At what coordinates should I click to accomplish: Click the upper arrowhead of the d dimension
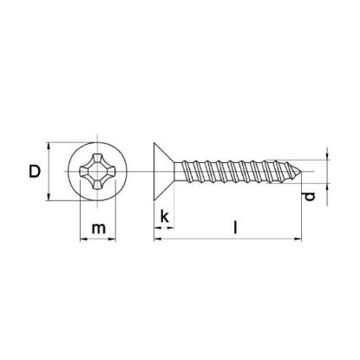327,157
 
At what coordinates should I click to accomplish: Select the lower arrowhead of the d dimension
327,183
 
